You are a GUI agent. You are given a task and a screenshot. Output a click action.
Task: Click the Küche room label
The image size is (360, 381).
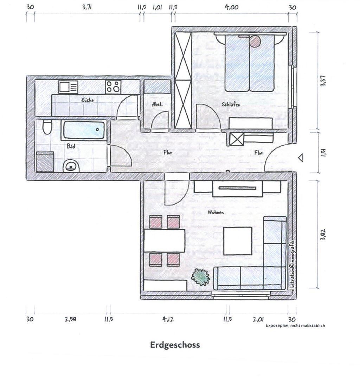88,100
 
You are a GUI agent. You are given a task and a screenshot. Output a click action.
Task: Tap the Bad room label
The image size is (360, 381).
71,146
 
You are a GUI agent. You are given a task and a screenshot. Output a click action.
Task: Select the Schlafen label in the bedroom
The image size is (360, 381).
231,104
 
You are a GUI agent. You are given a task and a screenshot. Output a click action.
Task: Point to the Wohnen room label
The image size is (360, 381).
216,212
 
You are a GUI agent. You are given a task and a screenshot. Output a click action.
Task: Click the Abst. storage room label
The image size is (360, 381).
157,104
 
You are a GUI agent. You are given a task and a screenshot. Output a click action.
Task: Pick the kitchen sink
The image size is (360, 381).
68,87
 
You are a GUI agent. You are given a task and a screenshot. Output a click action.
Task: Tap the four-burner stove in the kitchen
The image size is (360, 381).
113,87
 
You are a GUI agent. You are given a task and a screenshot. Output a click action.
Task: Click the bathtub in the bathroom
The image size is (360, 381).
84,131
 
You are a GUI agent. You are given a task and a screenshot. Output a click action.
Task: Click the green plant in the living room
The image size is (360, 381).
200,277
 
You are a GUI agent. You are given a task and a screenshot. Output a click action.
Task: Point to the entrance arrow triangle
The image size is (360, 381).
301,158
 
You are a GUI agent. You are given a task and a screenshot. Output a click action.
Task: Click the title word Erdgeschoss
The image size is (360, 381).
175,345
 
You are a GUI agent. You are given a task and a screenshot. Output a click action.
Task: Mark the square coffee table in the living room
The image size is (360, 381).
238,241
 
